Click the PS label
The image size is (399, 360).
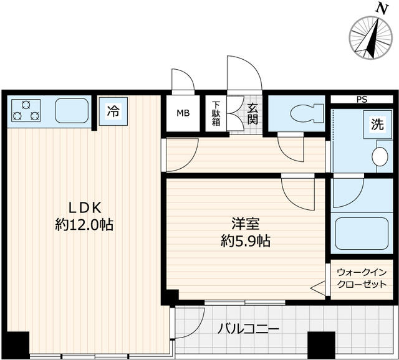[362, 99]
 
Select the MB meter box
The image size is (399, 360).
[183, 113]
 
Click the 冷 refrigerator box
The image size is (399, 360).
[113, 112]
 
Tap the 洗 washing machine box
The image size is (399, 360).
[378, 123]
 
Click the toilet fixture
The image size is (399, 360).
[299, 113]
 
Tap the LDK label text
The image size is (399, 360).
[84, 208]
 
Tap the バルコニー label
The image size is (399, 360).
[248, 329]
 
